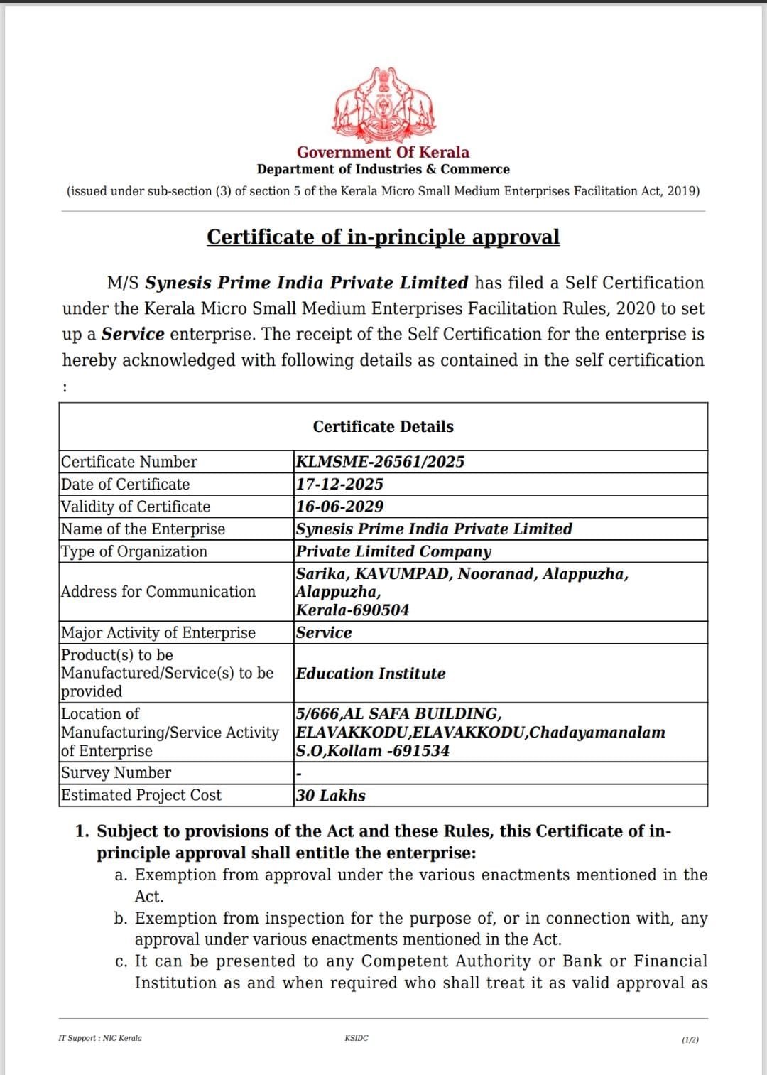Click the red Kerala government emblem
(x=383, y=104)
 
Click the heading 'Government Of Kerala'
(x=383, y=152)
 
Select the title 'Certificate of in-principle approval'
(x=383, y=237)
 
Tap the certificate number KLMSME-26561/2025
(x=380, y=462)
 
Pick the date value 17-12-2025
(x=339, y=485)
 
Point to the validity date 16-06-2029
(x=339, y=507)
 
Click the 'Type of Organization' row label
(x=134, y=551)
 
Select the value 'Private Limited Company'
(x=393, y=551)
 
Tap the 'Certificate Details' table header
(x=383, y=426)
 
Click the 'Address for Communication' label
(x=158, y=592)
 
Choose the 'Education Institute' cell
(x=371, y=674)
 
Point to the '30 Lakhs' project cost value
(x=331, y=796)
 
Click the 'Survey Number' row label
(x=116, y=773)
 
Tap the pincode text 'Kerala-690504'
(x=352, y=610)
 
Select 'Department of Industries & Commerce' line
(x=383, y=170)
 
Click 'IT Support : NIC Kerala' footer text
(x=100, y=1038)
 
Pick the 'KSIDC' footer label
(x=357, y=1038)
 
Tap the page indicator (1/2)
(x=690, y=1039)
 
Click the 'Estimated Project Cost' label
(x=141, y=796)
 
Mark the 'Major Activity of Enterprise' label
(x=158, y=633)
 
